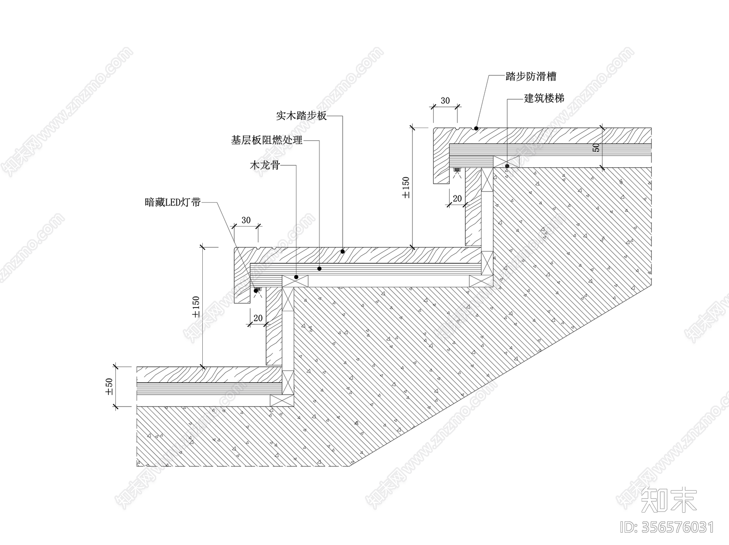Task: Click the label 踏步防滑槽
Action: click(531, 77)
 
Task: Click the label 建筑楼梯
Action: click(544, 98)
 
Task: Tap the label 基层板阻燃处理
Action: click(267, 140)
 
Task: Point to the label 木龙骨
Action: click(264, 165)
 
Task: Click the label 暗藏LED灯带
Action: click(172, 202)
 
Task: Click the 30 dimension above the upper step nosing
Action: click(445, 101)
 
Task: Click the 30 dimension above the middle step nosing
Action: click(246, 220)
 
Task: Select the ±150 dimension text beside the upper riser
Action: click(406, 187)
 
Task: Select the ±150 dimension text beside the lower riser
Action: click(196, 307)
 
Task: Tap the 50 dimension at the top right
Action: click(597, 148)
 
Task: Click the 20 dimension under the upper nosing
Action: click(457, 198)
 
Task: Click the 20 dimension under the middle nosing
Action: click(257, 318)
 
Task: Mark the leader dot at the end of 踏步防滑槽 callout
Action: click(476, 128)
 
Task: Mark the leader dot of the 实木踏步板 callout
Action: click(343, 251)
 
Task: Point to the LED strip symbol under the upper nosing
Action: click(457, 171)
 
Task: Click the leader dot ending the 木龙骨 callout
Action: click(296, 277)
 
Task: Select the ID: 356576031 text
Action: click(667, 528)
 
